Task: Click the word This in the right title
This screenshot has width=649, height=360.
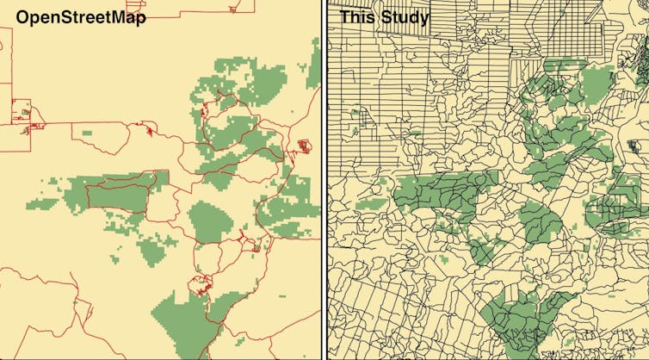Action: pyautogui.click(x=358, y=17)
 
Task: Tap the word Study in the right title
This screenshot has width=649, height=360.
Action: pyautogui.click(x=405, y=17)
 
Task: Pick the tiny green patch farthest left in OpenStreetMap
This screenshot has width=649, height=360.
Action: pyautogui.click(x=36, y=205)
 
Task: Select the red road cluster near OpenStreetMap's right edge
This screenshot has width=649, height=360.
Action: pyautogui.click(x=302, y=146)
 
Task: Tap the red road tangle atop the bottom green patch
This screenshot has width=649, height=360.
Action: pyautogui.click(x=203, y=284)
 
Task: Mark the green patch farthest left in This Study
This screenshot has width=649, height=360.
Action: pyautogui.click(x=371, y=204)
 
